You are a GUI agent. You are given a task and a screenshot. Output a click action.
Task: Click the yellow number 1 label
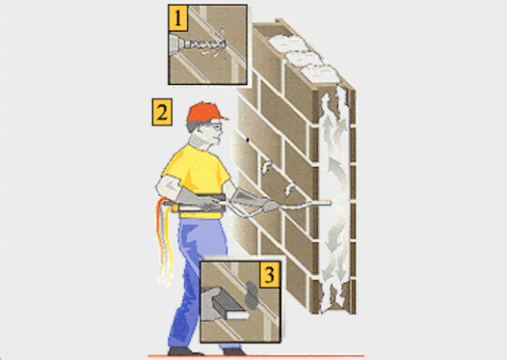[x=177, y=18]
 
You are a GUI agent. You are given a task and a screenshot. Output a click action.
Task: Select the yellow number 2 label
[x=162, y=112]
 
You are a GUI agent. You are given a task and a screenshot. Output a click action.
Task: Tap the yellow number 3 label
[x=270, y=275]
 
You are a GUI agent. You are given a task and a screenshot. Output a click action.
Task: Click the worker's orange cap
[x=206, y=112]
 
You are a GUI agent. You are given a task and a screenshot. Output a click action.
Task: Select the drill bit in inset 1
[x=204, y=44]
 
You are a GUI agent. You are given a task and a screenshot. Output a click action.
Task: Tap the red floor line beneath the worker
[x=256, y=356]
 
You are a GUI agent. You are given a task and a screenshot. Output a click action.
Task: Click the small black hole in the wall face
[x=248, y=140]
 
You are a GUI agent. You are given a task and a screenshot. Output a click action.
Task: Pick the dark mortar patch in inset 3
[x=252, y=295]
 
